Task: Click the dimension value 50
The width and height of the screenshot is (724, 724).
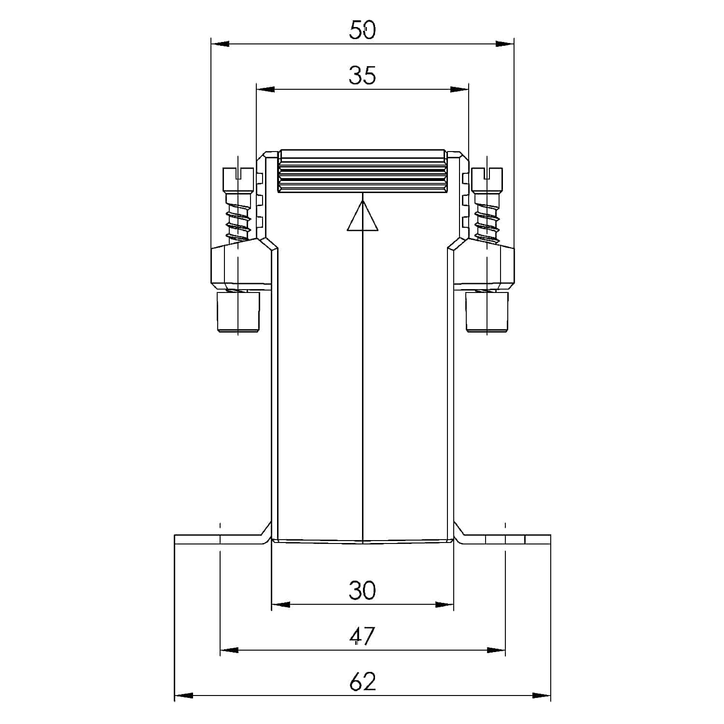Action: click(x=362, y=30)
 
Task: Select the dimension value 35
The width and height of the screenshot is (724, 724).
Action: click(x=362, y=76)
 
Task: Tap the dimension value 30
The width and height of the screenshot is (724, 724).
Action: click(x=362, y=590)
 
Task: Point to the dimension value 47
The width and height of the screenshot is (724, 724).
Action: click(x=362, y=636)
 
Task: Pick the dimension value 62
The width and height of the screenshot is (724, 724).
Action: click(x=362, y=682)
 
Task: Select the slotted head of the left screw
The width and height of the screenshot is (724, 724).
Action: click(x=238, y=180)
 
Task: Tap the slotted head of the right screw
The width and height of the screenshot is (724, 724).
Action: click(x=487, y=180)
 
